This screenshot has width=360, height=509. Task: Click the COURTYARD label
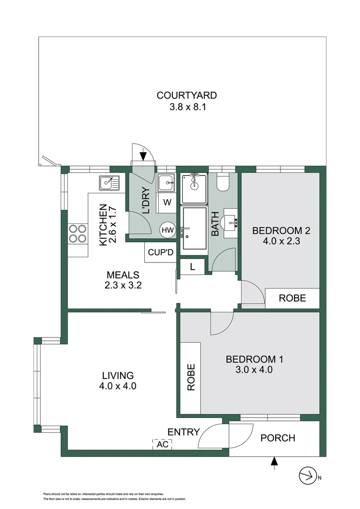click(187, 95)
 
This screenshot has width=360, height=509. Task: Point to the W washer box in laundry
click(167, 204)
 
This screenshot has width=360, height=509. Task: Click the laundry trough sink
click(166, 183)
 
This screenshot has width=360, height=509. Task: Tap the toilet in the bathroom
click(223, 181)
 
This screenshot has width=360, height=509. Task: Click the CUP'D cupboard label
click(161, 252)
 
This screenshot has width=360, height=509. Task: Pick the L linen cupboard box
click(192, 267)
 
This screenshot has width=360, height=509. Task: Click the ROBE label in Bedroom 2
click(292, 298)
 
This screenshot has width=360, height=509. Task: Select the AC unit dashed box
click(162, 444)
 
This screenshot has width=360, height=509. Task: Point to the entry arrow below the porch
click(274, 463)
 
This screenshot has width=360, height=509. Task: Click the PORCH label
click(278, 438)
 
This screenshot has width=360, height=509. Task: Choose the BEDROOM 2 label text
click(281, 230)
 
